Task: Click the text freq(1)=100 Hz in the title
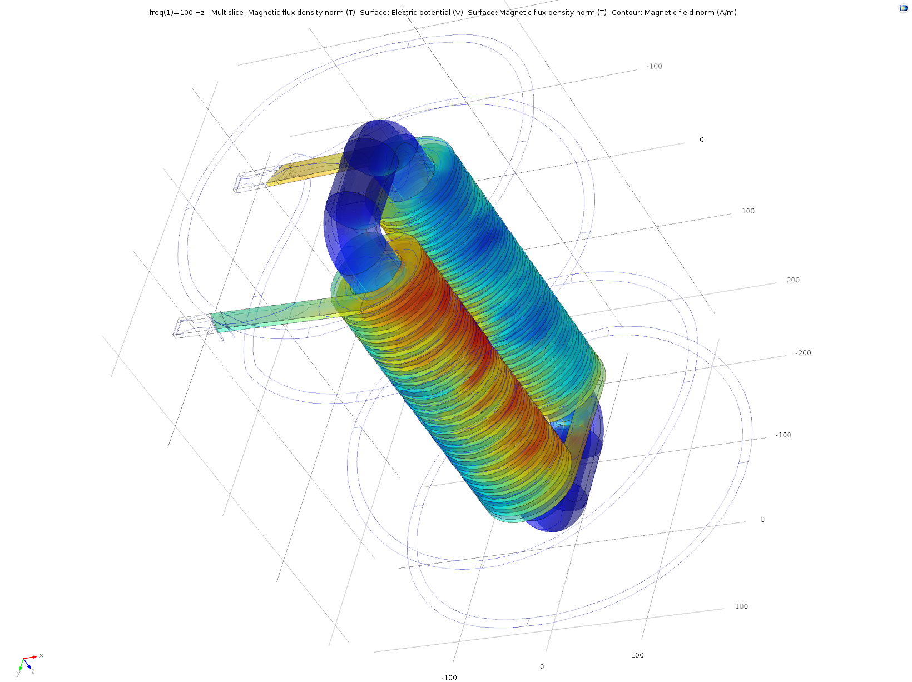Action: click(x=177, y=12)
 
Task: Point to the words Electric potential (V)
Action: click(x=427, y=12)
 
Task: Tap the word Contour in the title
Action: click(x=627, y=12)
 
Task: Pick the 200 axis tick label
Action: click(x=793, y=280)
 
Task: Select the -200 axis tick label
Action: click(x=803, y=353)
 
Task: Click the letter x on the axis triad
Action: click(x=41, y=656)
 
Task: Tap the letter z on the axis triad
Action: click(x=33, y=671)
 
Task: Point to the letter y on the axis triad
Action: click(x=18, y=674)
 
